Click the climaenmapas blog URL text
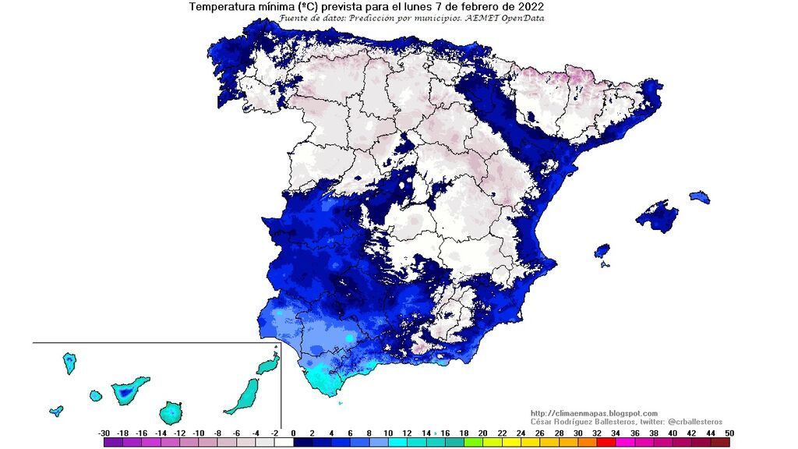594,413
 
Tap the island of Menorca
700,196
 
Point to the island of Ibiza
602,251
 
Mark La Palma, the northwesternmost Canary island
69,362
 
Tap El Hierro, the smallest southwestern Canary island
56,411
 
